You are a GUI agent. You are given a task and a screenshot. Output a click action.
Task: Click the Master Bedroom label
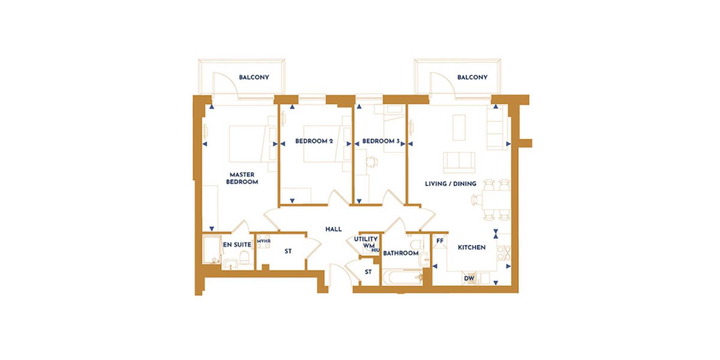[x=242, y=178]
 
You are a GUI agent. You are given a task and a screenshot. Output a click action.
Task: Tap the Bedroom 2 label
[x=314, y=141]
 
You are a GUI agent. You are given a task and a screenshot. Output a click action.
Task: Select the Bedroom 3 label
[x=381, y=141]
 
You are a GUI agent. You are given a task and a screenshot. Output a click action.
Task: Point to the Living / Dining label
[x=450, y=184]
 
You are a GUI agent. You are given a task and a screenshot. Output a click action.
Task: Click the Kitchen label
[x=472, y=247]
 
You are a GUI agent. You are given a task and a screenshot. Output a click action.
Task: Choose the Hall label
[x=333, y=229]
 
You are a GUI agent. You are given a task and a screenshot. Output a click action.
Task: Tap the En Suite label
[x=237, y=245]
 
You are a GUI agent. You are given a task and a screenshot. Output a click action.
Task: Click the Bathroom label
[x=401, y=253]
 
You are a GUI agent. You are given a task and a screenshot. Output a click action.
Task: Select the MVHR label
[x=264, y=241]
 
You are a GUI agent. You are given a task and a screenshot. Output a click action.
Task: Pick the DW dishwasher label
[x=469, y=279]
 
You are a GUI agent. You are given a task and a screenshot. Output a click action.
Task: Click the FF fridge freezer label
[x=440, y=241]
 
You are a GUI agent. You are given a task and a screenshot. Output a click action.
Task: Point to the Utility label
[x=366, y=239]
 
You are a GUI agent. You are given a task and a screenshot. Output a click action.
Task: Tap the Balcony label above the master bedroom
[x=254, y=77]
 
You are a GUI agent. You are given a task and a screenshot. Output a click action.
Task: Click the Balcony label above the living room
[x=472, y=77]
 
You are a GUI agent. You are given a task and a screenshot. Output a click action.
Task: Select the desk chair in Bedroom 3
[x=372, y=162]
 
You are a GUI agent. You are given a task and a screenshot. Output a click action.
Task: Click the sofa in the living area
[x=459, y=162]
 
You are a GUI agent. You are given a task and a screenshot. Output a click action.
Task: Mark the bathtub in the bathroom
[x=402, y=278]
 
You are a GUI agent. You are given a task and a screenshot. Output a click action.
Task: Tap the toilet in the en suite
[x=245, y=257]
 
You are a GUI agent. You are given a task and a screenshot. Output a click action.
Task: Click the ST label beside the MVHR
[x=288, y=252]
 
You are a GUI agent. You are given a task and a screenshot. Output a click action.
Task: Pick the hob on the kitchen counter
[x=504, y=252]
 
